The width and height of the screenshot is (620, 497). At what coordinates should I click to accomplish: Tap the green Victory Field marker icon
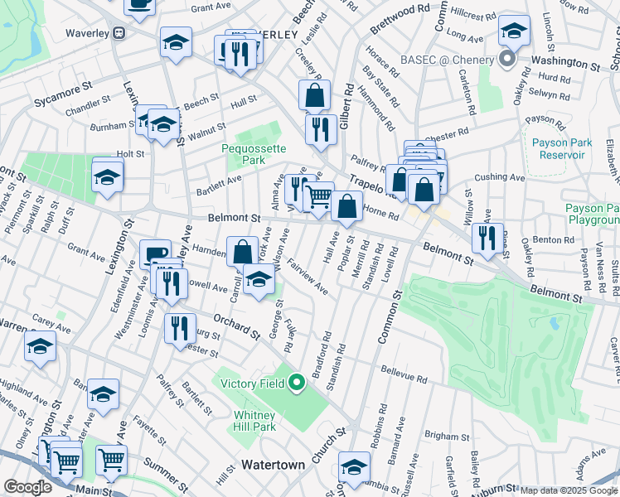click(295, 382)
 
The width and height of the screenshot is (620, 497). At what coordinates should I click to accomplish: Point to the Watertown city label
click(273, 465)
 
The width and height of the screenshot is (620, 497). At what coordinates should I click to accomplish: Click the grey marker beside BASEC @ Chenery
click(507, 60)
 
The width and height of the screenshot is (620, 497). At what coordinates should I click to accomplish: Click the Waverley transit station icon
click(119, 33)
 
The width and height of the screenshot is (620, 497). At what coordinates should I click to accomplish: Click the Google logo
click(27, 487)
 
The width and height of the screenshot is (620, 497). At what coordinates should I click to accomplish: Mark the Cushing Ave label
click(500, 177)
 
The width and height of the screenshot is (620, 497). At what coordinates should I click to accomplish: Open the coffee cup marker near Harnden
click(155, 254)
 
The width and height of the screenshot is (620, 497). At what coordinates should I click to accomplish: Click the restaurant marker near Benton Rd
click(487, 238)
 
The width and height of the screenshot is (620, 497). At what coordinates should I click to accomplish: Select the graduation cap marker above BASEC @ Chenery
click(514, 31)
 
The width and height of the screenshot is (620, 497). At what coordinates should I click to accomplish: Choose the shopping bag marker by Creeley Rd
click(314, 95)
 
